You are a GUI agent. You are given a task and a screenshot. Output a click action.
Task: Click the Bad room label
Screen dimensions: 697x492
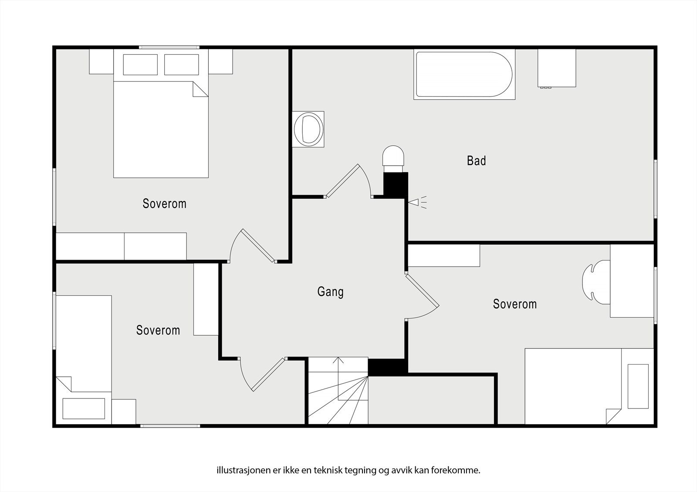pyautogui.click(x=476, y=161)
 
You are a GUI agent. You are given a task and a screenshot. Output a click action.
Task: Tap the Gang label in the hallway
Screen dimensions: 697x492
pyautogui.click(x=331, y=292)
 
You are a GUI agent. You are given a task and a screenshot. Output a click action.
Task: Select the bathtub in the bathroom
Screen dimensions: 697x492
pyautogui.click(x=464, y=74)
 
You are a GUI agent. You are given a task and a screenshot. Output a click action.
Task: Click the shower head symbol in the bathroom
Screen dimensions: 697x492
pyautogui.click(x=417, y=202)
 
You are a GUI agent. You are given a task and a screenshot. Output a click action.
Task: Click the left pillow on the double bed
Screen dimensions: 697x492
pyautogui.click(x=140, y=65)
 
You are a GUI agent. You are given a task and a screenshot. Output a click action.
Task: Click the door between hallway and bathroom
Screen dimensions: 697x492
pyautogui.click(x=348, y=181)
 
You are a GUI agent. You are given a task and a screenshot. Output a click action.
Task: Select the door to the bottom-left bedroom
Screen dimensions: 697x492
pyautogui.click(x=262, y=374)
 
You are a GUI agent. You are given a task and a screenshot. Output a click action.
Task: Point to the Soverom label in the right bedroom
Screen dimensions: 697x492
pyautogui.click(x=515, y=304)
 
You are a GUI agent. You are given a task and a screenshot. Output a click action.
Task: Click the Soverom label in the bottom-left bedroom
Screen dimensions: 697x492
pyautogui.click(x=158, y=330)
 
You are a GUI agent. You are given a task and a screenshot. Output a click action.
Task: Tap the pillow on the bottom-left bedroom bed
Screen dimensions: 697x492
pyautogui.click(x=84, y=408)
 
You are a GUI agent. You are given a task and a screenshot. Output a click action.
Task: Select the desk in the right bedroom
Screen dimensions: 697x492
pyautogui.click(x=632, y=281)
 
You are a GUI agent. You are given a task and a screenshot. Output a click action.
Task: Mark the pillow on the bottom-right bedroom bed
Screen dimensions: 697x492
pyautogui.click(x=638, y=386)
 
